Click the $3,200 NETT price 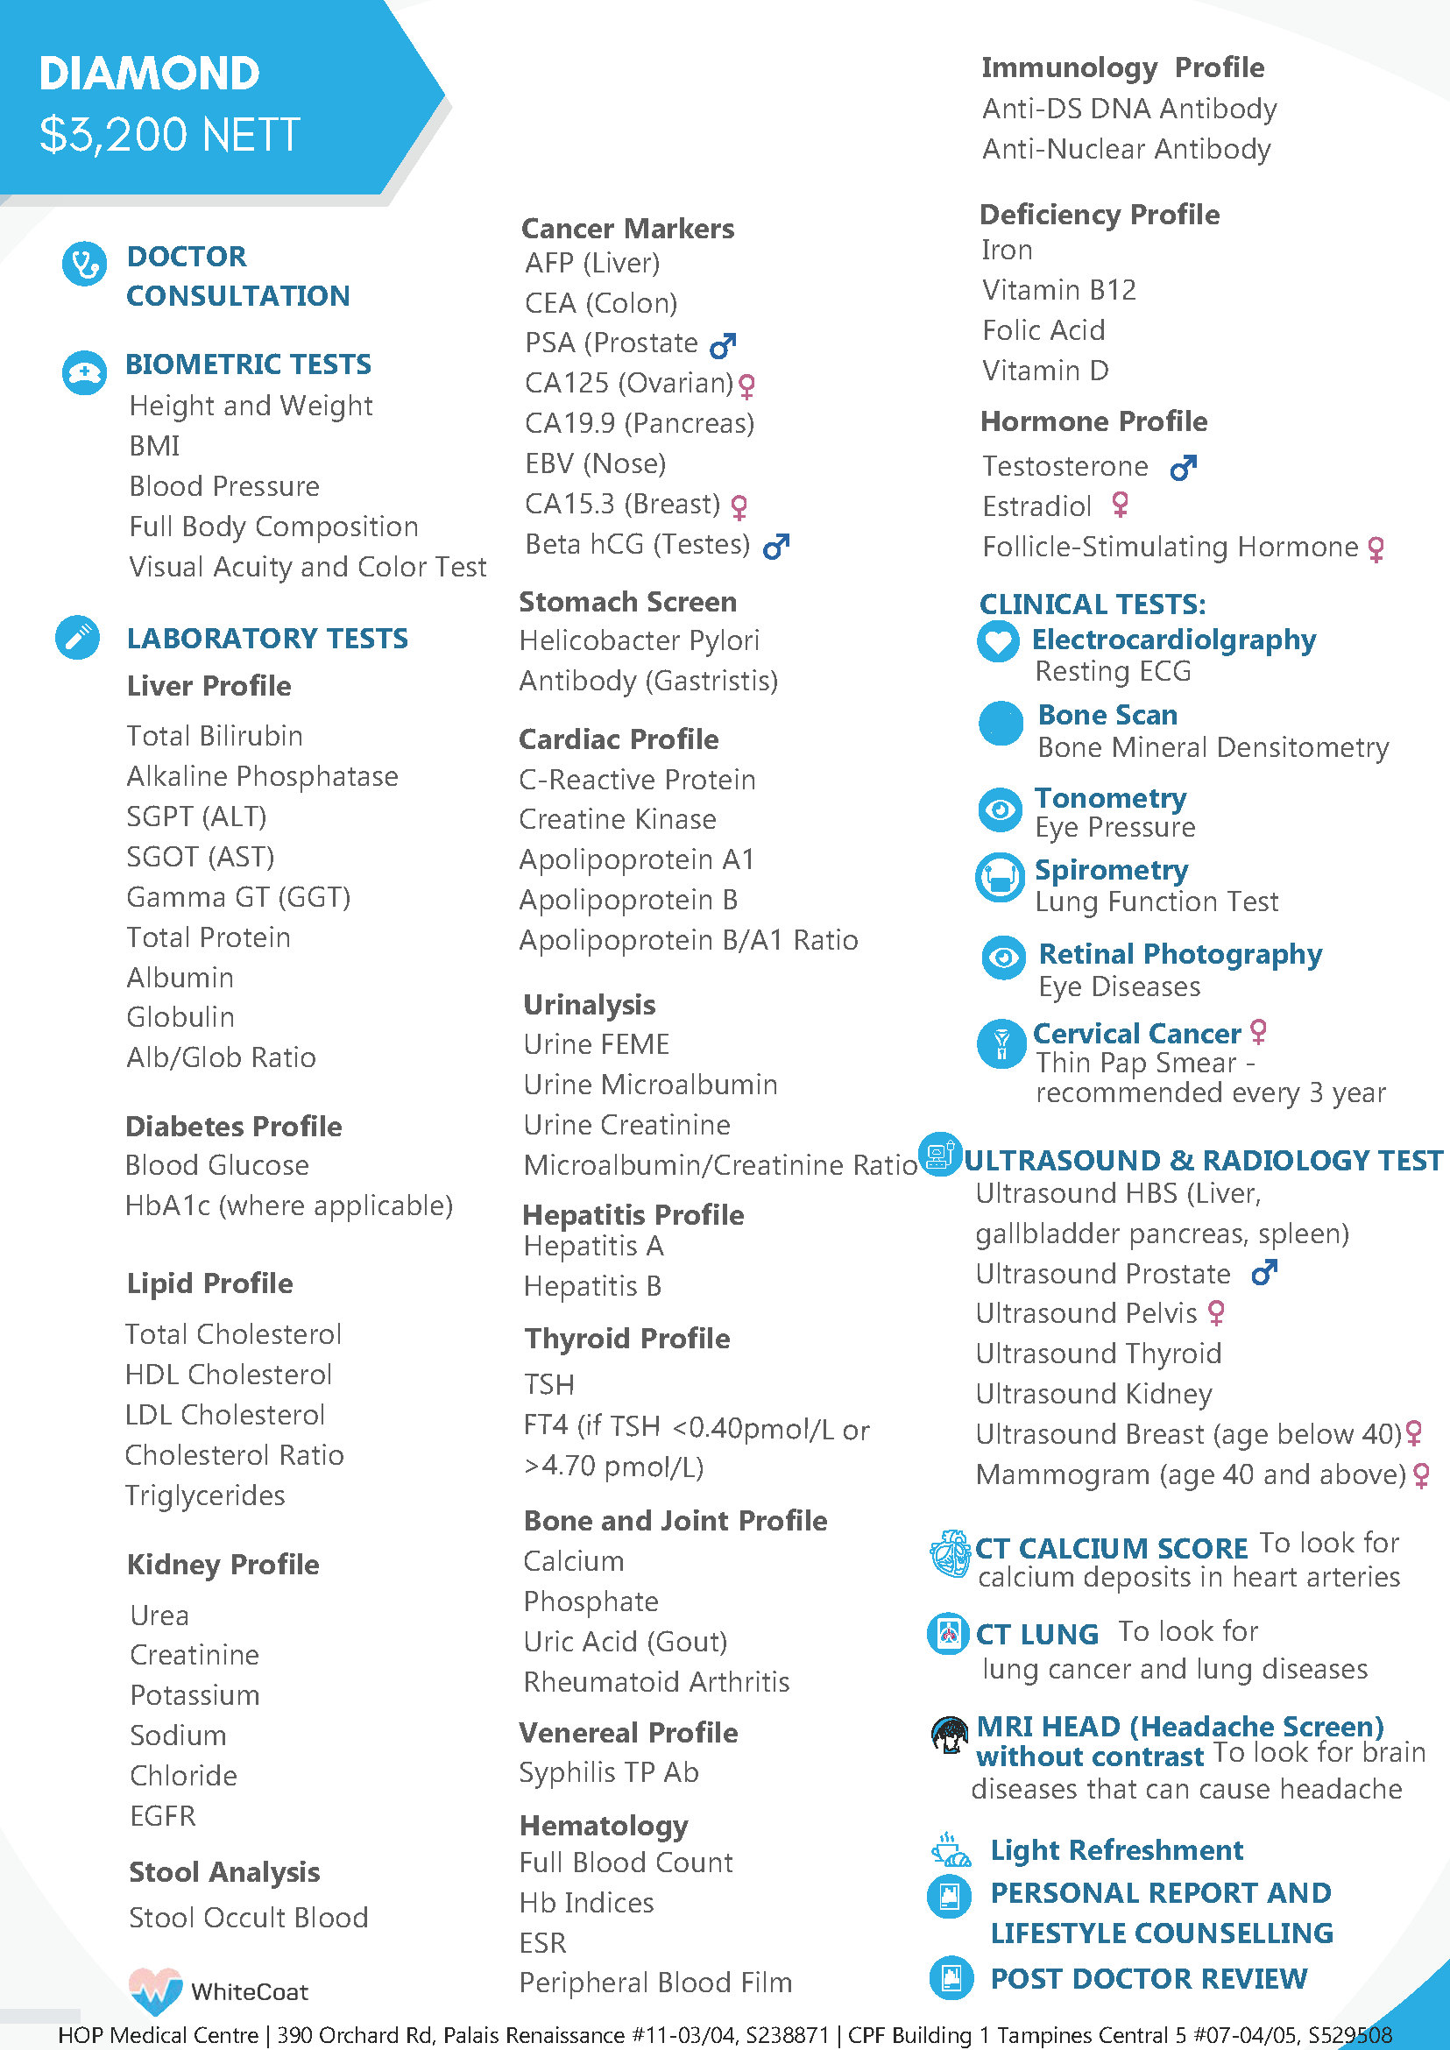(x=170, y=135)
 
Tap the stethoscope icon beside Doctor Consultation (x=85, y=265)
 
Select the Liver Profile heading (x=209, y=686)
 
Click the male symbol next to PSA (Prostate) (x=722, y=344)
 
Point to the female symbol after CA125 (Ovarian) (x=747, y=385)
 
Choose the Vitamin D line (x=1044, y=370)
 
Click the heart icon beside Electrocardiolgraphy (x=998, y=641)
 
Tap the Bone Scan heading (x=1107, y=714)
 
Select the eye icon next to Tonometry (x=1000, y=809)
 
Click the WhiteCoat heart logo (x=155, y=1990)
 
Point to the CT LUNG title (x=1036, y=1634)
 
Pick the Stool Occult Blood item (x=248, y=1917)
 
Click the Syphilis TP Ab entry (x=609, y=1772)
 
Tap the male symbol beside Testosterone (x=1183, y=467)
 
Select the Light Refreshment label (x=1116, y=1849)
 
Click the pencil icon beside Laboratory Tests (x=78, y=638)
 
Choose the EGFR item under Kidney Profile (x=162, y=1815)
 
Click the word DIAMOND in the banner (x=149, y=74)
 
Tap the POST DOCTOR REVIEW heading (x=1149, y=1977)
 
